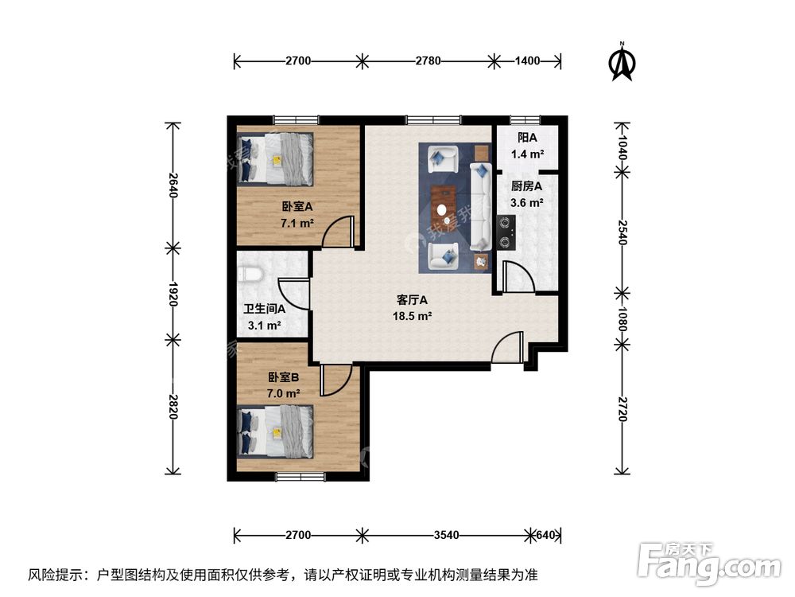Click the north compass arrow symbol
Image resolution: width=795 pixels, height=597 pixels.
622,61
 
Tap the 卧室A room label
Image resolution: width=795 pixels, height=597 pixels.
296,206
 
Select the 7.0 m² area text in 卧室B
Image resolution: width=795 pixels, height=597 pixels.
284,393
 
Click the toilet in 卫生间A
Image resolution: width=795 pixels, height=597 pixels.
250,275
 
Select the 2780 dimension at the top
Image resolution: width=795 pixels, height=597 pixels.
428,60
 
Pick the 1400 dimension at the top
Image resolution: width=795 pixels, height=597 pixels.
528,60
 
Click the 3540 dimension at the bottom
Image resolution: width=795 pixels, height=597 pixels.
446,535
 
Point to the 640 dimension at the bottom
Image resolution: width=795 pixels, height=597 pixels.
547,535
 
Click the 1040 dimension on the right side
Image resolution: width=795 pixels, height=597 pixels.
622,146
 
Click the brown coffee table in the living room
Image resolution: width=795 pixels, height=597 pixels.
444,205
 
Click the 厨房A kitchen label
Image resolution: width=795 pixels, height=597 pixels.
526,187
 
